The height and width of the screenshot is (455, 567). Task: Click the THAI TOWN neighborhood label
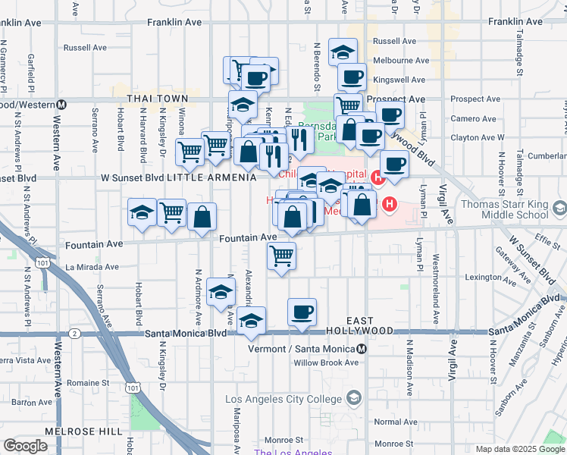(x=158, y=99)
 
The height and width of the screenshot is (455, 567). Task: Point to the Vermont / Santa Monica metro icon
(x=362, y=349)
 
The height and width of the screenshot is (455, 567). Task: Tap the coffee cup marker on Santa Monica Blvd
(x=302, y=312)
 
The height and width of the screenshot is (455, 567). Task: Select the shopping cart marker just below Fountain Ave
(x=281, y=256)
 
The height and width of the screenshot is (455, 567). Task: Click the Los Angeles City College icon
(x=353, y=399)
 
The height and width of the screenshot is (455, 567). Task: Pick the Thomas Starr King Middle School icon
(x=559, y=208)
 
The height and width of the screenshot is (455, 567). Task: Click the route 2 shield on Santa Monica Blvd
(x=74, y=333)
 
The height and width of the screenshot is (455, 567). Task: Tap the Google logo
(x=25, y=445)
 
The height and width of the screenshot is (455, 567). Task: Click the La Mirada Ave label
(x=92, y=267)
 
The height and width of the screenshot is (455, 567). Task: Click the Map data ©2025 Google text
(x=520, y=449)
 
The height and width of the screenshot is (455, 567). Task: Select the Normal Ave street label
(x=395, y=422)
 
